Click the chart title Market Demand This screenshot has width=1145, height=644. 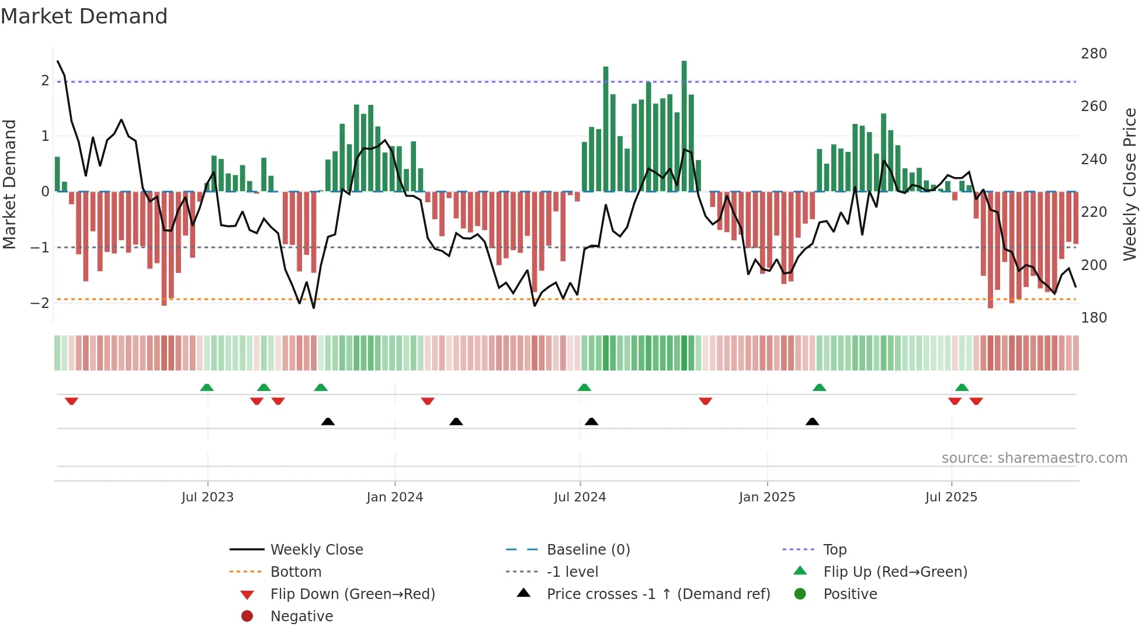(x=84, y=16)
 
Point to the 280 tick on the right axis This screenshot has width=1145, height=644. (x=1094, y=54)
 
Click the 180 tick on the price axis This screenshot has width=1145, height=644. (x=1094, y=318)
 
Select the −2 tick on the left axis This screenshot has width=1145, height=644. (x=40, y=303)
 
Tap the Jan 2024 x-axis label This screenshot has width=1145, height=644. (x=394, y=497)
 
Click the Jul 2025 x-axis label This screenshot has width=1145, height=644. (x=951, y=497)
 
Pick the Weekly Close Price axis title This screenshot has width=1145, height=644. (x=1130, y=184)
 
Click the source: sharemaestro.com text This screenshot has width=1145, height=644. (x=1034, y=458)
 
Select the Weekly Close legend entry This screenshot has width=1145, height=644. (x=316, y=550)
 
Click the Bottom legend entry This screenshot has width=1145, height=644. (x=296, y=572)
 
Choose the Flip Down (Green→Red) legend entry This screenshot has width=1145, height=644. (x=352, y=594)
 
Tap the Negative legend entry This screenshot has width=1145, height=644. (x=301, y=617)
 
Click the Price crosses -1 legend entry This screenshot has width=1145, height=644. (x=658, y=594)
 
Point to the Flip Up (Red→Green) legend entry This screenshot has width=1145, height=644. (x=895, y=572)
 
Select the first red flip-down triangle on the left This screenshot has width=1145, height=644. (x=71, y=401)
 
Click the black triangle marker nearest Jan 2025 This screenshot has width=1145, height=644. (x=812, y=421)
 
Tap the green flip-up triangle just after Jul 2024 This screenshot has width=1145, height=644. (x=584, y=387)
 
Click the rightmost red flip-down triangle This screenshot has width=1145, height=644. (x=976, y=401)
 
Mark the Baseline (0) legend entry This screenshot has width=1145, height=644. (x=588, y=550)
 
